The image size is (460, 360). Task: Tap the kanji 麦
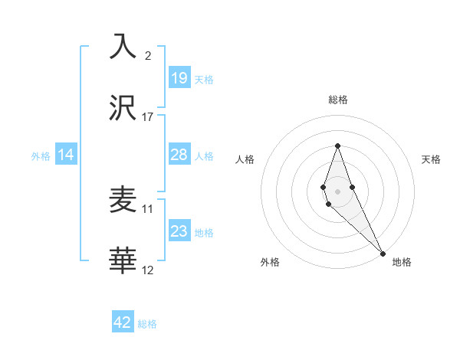pos(123,200)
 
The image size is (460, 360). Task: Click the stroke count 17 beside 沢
pos(148,116)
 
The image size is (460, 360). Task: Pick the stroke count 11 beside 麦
pos(148,208)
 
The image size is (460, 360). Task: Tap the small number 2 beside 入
pos(148,55)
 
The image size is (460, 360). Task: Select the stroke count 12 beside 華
pos(148,270)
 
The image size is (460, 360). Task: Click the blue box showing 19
pos(179,77)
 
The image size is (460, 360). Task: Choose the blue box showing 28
pos(179,155)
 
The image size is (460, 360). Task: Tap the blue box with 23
pos(179,231)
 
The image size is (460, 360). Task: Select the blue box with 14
pos(66,155)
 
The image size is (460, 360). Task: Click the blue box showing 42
pos(123,322)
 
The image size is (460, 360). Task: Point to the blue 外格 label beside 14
pos(41,156)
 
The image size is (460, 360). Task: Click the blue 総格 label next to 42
pos(147,324)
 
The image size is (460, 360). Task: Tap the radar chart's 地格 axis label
pos(402,262)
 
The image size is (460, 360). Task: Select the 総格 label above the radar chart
pos(338,100)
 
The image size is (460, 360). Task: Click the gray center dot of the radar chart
pos(337,190)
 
